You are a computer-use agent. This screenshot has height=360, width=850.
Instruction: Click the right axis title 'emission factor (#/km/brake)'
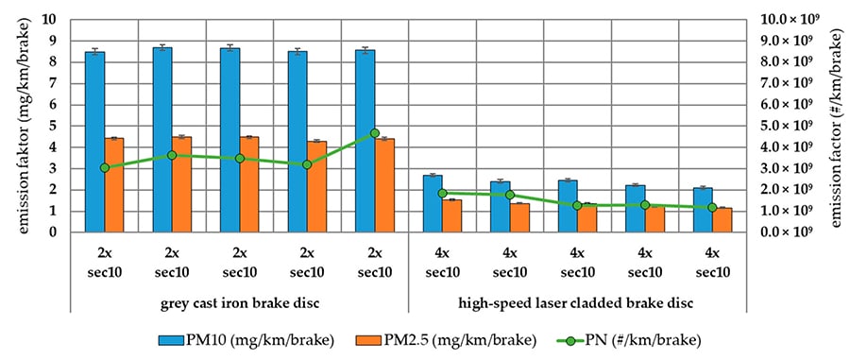tap(836, 126)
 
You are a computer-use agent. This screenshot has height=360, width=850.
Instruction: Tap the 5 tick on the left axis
tap(55, 126)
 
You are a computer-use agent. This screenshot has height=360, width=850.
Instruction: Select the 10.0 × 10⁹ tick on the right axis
tap(786, 19)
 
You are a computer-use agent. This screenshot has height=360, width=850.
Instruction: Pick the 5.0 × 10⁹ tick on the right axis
tap(786, 126)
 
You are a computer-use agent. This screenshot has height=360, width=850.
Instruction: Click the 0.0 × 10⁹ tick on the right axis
tap(786, 231)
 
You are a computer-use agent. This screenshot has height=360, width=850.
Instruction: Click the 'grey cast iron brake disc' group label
tap(239, 302)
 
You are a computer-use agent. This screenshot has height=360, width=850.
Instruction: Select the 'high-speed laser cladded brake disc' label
tap(577, 302)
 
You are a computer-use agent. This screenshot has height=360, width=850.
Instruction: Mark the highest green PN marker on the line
tap(374, 133)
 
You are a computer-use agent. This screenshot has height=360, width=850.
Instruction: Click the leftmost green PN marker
tap(104, 167)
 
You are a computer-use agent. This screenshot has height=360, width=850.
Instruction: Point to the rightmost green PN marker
tap(712, 207)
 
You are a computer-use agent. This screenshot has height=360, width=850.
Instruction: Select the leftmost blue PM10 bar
tap(94, 142)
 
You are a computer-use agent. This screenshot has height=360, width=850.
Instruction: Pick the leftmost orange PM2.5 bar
tap(114, 185)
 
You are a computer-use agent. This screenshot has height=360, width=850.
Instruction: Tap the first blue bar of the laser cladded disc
tap(433, 203)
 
